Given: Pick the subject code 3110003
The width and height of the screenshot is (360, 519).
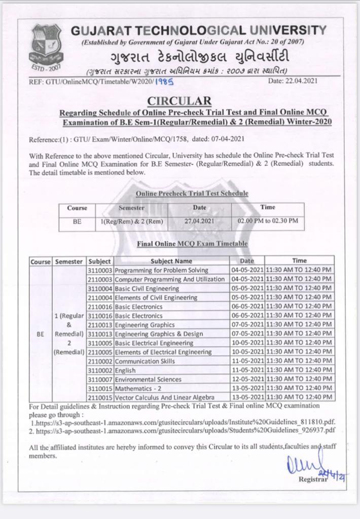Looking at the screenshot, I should (x=100, y=270).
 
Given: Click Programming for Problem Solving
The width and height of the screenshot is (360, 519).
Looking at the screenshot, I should (x=161, y=270).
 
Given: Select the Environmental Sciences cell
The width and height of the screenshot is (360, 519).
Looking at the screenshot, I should (x=148, y=380).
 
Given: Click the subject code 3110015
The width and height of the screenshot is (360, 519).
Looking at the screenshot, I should (x=100, y=388).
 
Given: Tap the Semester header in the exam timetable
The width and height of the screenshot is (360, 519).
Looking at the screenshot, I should (x=68, y=261).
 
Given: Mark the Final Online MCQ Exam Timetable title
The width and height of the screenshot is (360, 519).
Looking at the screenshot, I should (x=192, y=244).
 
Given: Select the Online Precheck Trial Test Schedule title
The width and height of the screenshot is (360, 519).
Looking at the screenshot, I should (x=192, y=194).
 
